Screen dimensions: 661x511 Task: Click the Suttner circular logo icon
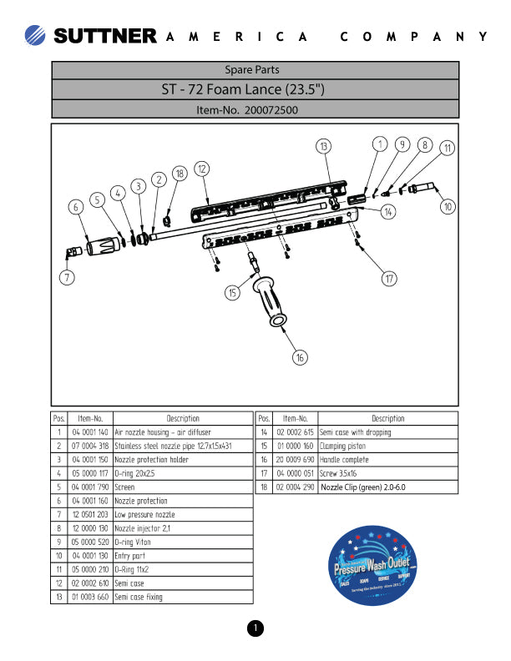coord(37,36)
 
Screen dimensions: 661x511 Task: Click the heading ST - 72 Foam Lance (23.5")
coord(255,89)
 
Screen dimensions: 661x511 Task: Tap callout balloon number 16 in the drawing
coord(300,357)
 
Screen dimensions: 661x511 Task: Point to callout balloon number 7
coord(67,278)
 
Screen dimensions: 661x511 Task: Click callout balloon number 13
coord(324,146)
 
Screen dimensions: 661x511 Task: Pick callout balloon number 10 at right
coord(448,206)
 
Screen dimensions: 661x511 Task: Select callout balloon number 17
coord(389,279)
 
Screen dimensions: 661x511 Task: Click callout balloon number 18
coord(179,174)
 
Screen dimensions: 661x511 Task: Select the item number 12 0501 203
coord(90,515)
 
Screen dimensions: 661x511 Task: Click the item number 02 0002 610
coord(90,583)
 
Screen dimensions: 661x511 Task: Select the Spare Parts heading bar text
coord(255,70)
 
